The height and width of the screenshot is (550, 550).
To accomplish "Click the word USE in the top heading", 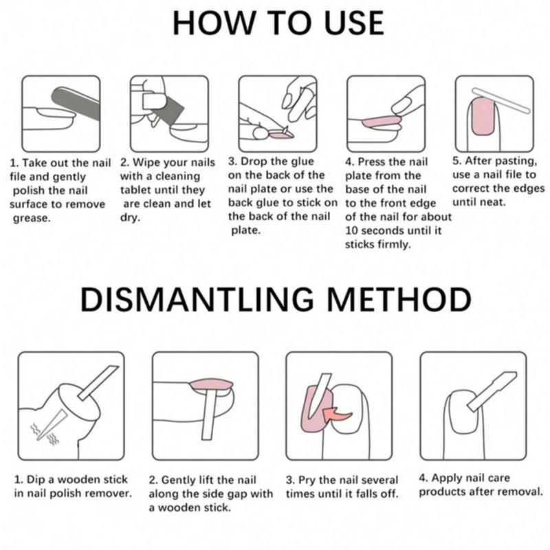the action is pos(353,23).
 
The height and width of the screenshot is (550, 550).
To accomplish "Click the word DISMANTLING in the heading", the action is pos(197,299).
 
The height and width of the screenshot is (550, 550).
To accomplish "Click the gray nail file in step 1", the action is pos(76,104).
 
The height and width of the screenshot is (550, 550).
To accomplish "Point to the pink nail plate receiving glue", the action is pos(282,135).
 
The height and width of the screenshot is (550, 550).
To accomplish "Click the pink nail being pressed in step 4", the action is pos(382,122).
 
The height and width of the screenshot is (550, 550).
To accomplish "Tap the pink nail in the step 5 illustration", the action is pos(483,116).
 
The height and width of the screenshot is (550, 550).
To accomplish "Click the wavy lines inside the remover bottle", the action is pos(44,434).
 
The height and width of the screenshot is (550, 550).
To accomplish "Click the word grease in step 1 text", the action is pos(32,219).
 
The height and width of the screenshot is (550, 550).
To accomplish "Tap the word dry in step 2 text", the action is pos(130,218).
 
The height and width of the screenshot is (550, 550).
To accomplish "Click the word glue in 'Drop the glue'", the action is pos(302,162).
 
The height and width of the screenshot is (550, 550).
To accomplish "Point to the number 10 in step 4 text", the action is pos(351,231).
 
